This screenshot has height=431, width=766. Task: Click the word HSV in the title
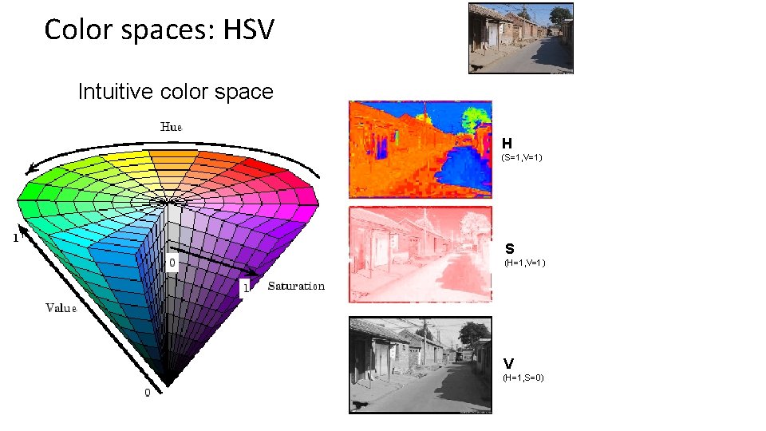248,30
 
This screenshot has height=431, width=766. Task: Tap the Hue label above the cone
172,127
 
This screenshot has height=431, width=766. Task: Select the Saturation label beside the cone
296,286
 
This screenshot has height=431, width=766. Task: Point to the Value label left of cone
61,307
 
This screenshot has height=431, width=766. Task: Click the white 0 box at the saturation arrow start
172,262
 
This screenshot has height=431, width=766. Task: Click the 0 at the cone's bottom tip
147,393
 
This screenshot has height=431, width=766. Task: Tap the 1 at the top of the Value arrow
14,237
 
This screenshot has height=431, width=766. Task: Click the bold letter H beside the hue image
507,144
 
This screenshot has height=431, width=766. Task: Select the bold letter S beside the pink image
509,249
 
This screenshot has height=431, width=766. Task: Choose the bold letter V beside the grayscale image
508,363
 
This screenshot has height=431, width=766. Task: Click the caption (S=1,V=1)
522,158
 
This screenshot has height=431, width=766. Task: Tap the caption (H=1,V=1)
524,263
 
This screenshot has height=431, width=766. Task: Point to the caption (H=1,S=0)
523,377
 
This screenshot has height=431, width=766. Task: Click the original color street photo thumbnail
520,38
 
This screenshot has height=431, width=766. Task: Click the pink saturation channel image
421,255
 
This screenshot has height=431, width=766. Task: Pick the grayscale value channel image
421,365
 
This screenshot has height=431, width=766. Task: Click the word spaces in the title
178,30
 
